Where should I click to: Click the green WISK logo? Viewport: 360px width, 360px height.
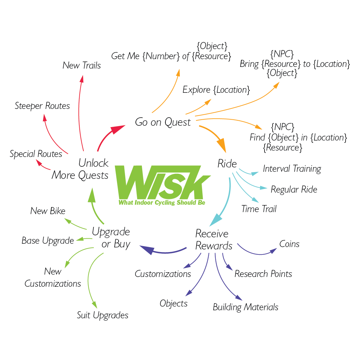[161, 182]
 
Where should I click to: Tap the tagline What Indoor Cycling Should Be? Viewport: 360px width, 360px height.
[162, 203]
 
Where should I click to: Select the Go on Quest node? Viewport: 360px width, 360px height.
[163, 122]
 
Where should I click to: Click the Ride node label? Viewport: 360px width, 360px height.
[227, 164]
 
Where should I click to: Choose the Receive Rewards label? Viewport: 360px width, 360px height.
[213, 240]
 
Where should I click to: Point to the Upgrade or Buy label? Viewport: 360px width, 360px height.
[111, 238]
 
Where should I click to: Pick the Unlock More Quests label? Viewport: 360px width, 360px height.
[81, 169]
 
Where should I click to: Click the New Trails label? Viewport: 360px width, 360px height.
[82, 65]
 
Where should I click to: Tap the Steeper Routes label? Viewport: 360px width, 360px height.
[42, 106]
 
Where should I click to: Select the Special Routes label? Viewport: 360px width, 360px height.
[36, 154]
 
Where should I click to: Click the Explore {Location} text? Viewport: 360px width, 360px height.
[216, 90]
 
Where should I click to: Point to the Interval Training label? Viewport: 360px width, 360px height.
[292, 168]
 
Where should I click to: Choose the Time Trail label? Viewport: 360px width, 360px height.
[259, 209]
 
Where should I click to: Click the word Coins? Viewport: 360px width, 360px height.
[289, 244]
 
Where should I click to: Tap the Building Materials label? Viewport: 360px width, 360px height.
[245, 307]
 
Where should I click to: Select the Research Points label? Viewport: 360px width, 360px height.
[263, 274]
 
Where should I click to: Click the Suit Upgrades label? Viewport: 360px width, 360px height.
[103, 315]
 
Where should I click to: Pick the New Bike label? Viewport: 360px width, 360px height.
[48, 211]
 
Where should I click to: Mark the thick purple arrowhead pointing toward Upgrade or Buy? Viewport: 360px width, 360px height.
[147, 250]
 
